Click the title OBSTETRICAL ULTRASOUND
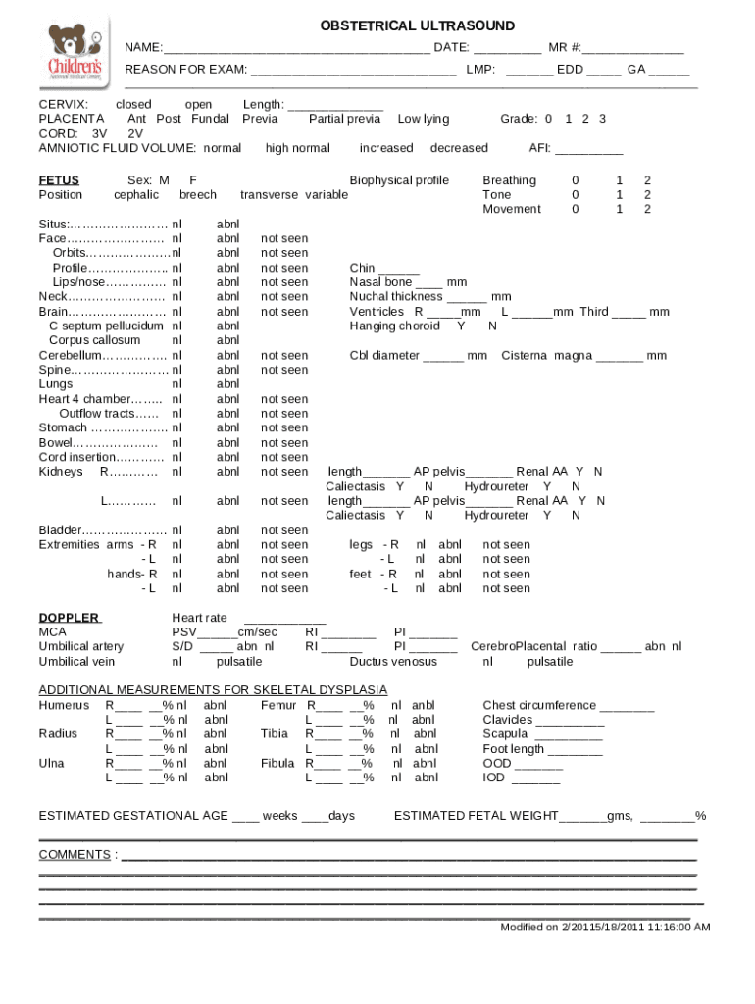coord(417,26)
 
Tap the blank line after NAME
coord(295,49)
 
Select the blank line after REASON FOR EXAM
coord(352,73)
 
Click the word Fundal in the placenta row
coord(210,119)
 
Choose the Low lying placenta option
coord(423,119)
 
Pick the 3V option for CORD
coord(99,133)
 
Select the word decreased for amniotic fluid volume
coord(458,148)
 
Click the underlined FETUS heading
coord(59,180)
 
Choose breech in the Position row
coord(198,195)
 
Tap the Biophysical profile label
coord(399,180)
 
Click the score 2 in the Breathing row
coord(646,180)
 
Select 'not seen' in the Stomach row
coord(283,427)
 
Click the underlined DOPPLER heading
coord(69,618)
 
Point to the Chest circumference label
coord(539,705)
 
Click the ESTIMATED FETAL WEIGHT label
coord(476,816)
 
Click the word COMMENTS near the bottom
coord(75,855)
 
